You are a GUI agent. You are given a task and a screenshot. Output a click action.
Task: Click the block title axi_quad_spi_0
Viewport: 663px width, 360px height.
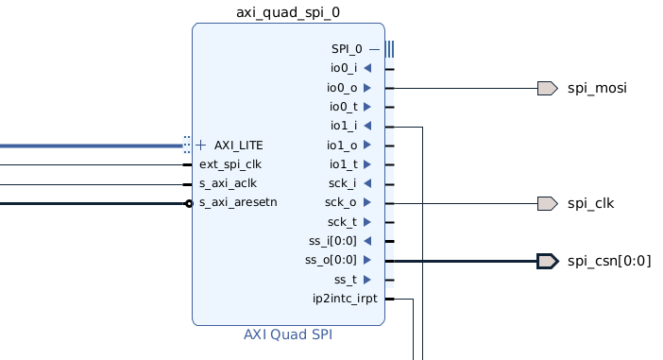(288, 12)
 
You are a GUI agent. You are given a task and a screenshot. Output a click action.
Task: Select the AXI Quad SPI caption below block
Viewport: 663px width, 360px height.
(288, 334)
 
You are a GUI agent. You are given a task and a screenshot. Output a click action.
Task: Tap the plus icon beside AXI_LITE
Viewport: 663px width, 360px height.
(201, 146)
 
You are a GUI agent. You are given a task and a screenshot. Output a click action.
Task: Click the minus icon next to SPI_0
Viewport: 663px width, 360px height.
(374, 49)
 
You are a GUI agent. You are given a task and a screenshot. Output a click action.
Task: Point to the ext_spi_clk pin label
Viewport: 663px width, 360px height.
(230, 164)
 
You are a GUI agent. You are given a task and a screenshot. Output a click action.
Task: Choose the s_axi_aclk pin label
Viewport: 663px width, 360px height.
(228, 183)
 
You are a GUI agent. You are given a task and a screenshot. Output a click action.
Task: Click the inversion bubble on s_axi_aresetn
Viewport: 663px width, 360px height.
(189, 204)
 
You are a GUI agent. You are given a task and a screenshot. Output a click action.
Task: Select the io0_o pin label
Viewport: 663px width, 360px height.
(342, 88)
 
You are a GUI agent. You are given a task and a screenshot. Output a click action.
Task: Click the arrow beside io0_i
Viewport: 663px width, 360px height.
(367, 68)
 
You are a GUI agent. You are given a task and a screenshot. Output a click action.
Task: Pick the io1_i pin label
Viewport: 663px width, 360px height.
(344, 126)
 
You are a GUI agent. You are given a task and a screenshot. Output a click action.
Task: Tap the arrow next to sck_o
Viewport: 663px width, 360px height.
(367, 202)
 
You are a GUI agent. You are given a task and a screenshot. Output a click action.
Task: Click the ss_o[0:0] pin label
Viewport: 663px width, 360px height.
(331, 260)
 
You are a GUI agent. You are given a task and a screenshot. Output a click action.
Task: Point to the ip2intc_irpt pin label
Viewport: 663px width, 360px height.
(345, 299)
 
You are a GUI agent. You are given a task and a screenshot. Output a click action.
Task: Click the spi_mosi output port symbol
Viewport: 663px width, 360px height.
(548, 89)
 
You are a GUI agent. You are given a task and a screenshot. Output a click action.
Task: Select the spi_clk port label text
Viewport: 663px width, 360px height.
(590, 203)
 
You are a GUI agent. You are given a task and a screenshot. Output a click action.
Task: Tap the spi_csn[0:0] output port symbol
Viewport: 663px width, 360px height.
(548, 261)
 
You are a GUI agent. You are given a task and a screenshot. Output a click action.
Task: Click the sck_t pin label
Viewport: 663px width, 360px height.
(342, 222)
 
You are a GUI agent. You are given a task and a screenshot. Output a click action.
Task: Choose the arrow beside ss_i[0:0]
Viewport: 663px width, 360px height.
(367, 241)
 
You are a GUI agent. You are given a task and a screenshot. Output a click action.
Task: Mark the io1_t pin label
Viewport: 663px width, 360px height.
(344, 164)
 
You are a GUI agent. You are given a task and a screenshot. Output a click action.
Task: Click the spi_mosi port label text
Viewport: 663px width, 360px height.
(597, 89)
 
